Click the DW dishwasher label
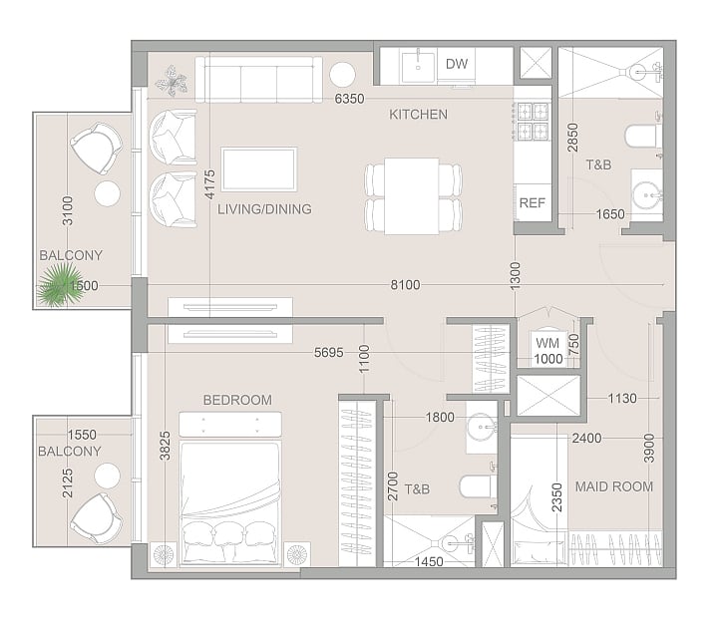click(x=457, y=64)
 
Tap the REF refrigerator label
click(x=533, y=202)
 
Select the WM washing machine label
click(x=547, y=343)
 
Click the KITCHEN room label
click(x=418, y=115)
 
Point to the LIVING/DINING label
click(x=264, y=209)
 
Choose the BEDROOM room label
click(x=237, y=400)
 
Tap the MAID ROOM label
click(x=614, y=486)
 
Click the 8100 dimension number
click(x=405, y=285)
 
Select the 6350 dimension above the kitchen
click(x=349, y=99)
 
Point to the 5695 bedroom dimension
click(x=329, y=353)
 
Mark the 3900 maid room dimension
click(x=649, y=448)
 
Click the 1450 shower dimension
click(x=429, y=562)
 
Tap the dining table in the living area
click(x=412, y=196)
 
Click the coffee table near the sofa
click(x=258, y=169)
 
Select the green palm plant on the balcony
click(x=57, y=286)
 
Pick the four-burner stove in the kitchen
click(x=533, y=122)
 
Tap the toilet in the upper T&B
click(x=641, y=137)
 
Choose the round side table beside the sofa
click(x=342, y=74)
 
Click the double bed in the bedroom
click(x=230, y=488)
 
